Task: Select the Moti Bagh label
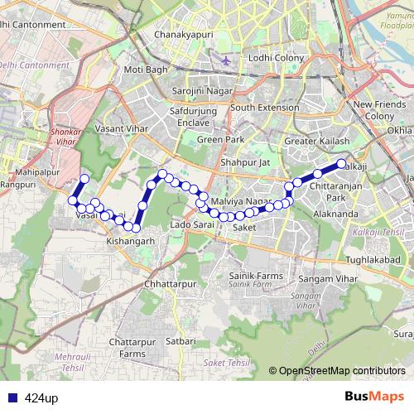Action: [146, 70]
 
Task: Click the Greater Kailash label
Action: [316, 142]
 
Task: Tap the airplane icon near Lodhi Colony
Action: [227, 60]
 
